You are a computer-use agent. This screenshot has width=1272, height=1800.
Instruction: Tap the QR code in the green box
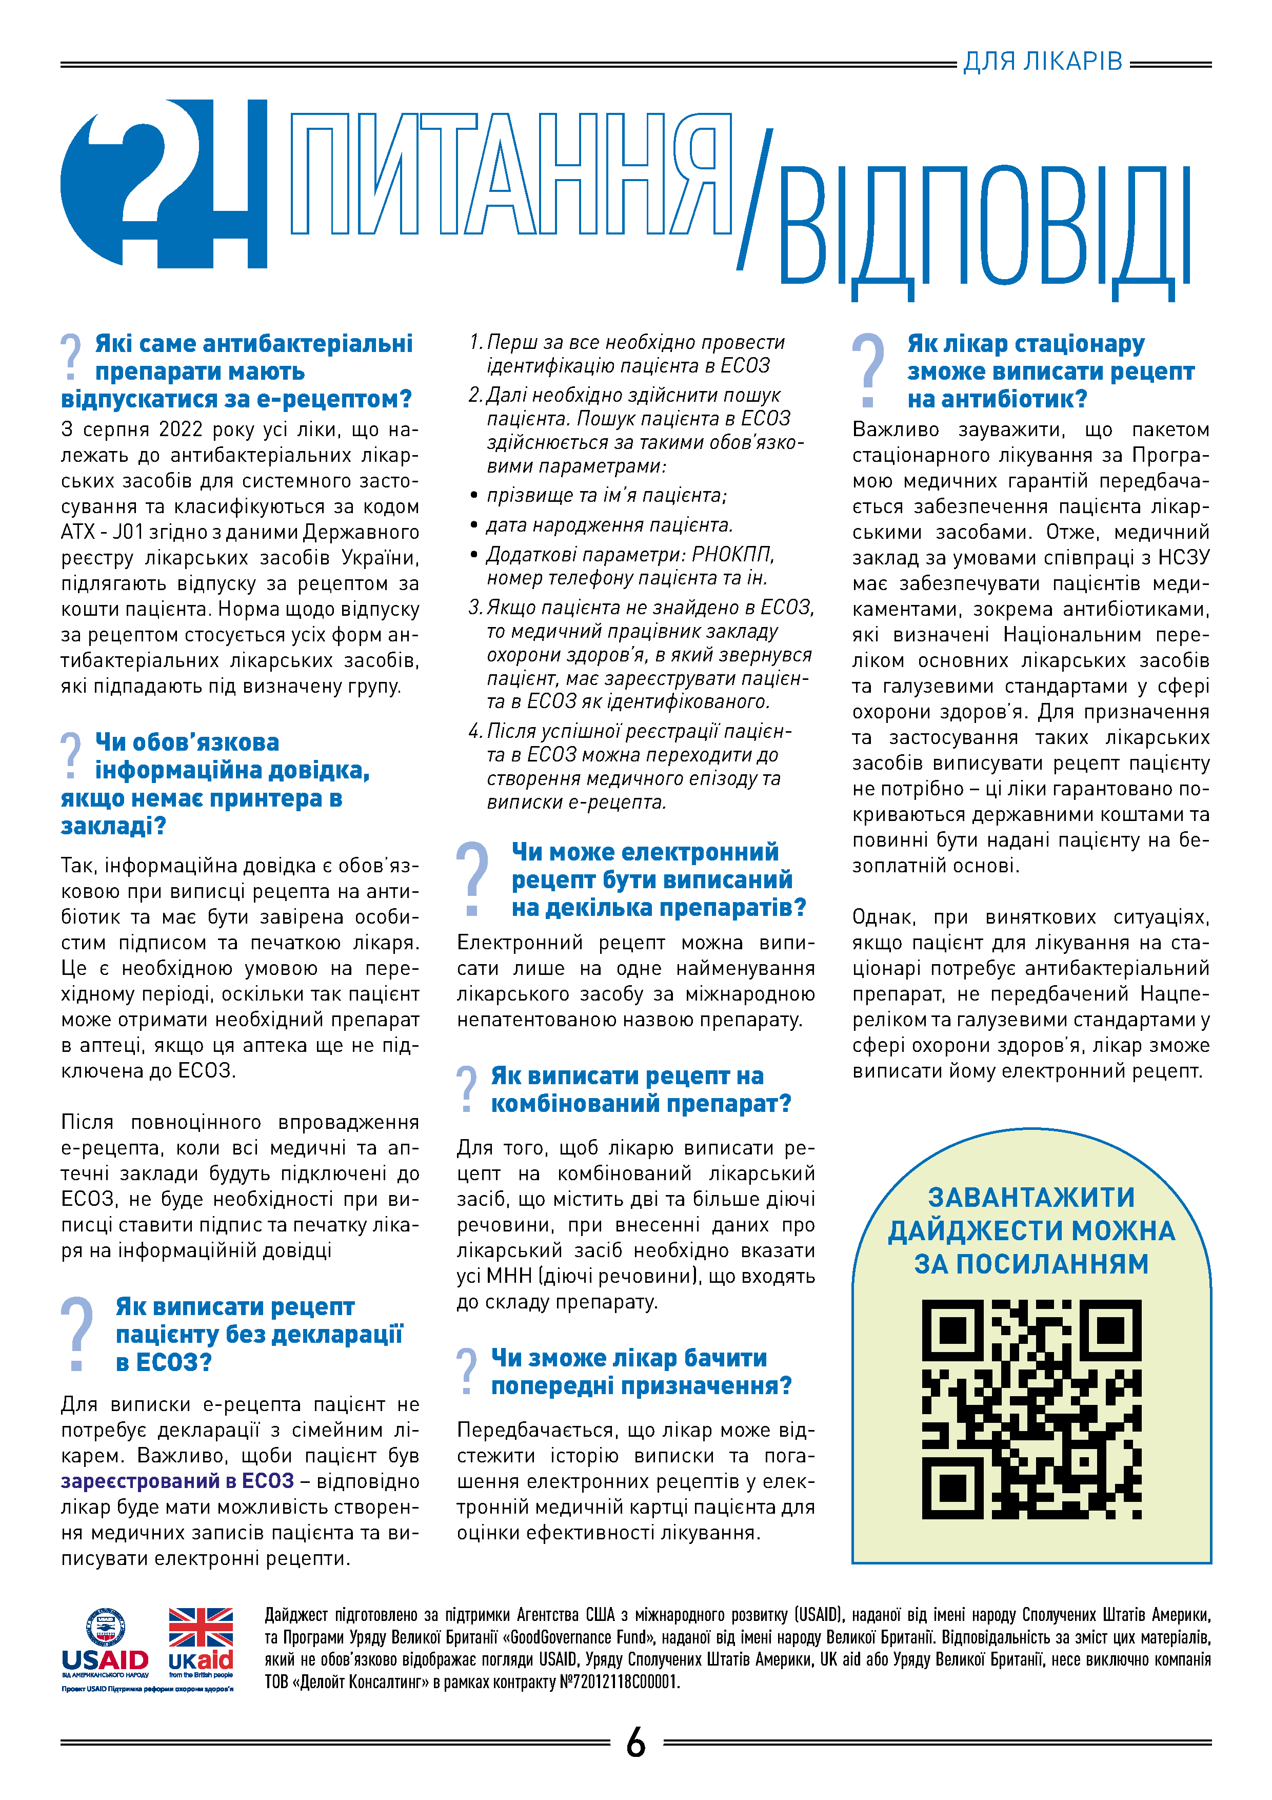coord(1031,1409)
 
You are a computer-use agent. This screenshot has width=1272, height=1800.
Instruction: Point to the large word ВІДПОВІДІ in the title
coord(984,227)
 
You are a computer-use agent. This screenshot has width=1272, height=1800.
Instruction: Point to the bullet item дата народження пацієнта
coord(609,525)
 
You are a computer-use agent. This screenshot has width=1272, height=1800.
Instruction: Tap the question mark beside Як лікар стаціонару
coord(868,370)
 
